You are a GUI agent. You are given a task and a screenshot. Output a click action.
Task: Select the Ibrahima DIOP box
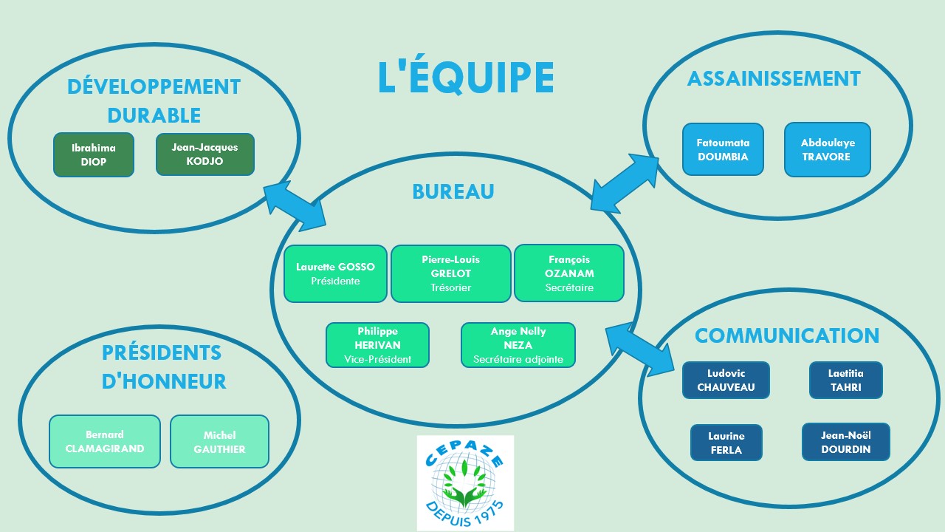[94, 154]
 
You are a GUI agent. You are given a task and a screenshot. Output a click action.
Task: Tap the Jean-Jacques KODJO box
[205, 154]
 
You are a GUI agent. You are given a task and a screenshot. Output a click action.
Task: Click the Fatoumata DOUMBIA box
[723, 149]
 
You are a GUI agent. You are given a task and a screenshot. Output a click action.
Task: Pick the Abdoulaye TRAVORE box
[828, 149]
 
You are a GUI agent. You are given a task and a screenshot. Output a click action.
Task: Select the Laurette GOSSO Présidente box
[335, 273]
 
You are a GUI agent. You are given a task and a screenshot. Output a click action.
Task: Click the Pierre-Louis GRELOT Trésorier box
[451, 273]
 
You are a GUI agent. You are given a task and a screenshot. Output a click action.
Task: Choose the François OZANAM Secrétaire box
[569, 273]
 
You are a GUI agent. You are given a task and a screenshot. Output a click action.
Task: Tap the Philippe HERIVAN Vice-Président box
[377, 345]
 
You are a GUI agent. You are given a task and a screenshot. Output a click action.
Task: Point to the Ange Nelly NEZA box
[518, 345]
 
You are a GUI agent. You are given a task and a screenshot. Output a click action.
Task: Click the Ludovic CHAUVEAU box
[726, 380]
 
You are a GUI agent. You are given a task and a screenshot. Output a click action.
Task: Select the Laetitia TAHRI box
[846, 380]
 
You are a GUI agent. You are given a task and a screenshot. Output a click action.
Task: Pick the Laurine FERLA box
[726, 443]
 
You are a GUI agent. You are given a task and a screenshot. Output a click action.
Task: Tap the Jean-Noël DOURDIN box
[846, 442]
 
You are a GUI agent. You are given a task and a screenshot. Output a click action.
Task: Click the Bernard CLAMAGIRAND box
[105, 441]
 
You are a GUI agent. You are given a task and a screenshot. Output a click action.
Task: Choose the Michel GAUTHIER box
[219, 442]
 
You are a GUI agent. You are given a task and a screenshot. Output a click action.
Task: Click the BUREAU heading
[453, 191]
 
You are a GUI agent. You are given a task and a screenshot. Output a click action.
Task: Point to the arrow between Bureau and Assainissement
[625, 183]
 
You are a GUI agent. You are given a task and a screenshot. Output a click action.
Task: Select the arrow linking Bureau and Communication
[640, 349]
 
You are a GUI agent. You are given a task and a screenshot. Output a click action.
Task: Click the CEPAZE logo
[465, 483]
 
